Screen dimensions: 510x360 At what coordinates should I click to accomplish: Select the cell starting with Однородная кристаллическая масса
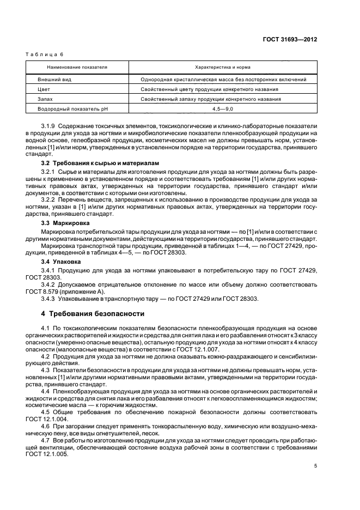223,79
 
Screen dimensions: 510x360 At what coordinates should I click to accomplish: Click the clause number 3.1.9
49,125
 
